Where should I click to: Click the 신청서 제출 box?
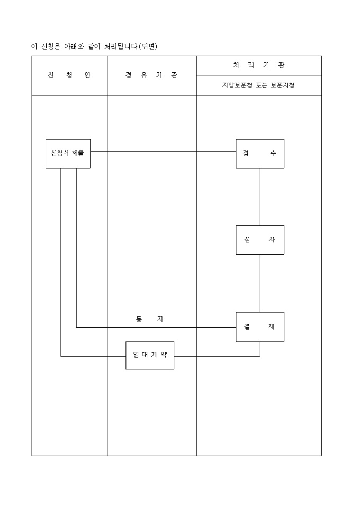click(x=68, y=153)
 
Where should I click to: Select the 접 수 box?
click(x=259, y=153)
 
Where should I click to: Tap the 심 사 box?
click(x=259, y=240)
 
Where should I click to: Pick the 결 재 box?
click(x=259, y=327)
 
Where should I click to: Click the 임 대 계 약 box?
click(x=150, y=355)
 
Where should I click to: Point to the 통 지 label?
click(x=149, y=319)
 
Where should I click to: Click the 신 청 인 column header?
click(x=69, y=75)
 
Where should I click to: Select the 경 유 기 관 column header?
click(x=151, y=75)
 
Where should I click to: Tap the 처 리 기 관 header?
click(x=259, y=66)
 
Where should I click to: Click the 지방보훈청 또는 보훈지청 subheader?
click(x=259, y=85)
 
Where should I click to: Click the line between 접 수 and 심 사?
click(x=260, y=197)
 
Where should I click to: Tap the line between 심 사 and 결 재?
click(x=260, y=284)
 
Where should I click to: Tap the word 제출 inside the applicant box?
click(x=78, y=153)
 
